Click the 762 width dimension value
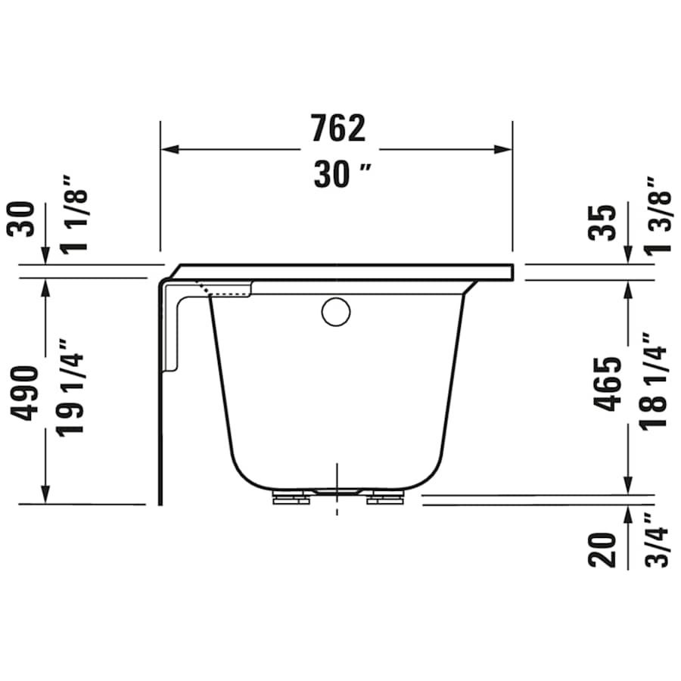coord(337,129)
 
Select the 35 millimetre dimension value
coord(605,222)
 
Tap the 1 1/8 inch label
coord(76,214)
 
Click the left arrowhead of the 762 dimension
coord(168,149)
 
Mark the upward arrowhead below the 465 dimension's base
coord(628,515)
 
